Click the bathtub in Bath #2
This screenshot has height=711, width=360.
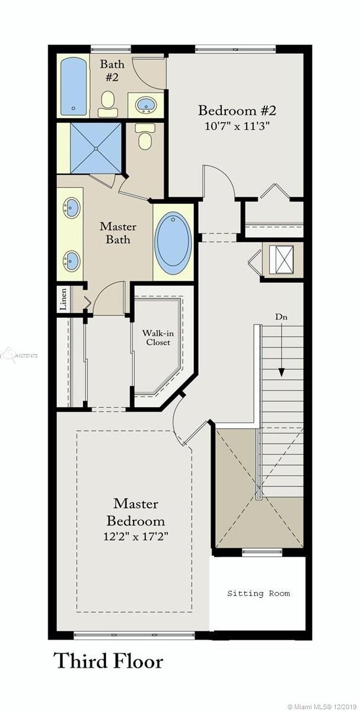coord(74,86)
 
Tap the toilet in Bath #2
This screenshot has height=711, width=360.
coord(107,104)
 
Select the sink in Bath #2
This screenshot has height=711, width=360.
coord(146,105)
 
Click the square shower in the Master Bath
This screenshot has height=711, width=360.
coord(95,148)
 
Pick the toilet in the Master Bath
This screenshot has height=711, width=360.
coord(145,136)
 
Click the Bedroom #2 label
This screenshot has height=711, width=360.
coord(237,110)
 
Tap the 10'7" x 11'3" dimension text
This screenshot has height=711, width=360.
coord(237,126)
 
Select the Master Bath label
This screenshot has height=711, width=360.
coord(118,232)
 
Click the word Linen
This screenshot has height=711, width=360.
coord(63,299)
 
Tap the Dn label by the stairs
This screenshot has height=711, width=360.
coord(281,317)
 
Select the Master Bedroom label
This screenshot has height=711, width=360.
coord(136,511)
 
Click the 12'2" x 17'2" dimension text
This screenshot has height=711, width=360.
coord(136,537)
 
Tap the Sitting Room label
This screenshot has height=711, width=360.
coord(259,593)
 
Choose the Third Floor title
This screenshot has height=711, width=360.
coord(108,661)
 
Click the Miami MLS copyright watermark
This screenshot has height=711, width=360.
coord(323,706)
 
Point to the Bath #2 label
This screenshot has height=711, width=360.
coord(112,71)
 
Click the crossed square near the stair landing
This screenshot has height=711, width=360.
coord(281,259)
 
